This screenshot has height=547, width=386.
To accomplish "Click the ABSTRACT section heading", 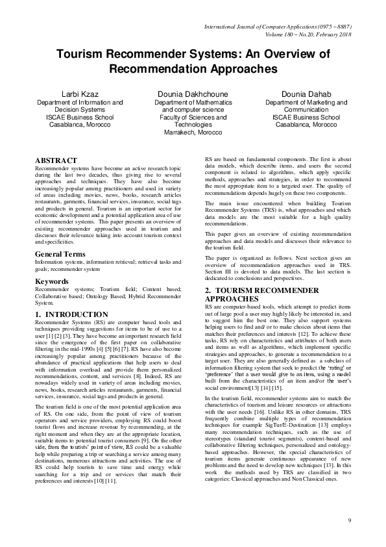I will pyautogui.click(x=56, y=160).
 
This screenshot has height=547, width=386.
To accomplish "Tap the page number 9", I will pyautogui.click(x=349, y=520).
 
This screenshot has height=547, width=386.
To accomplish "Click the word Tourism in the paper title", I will pyautogui.click(x=82, y=55).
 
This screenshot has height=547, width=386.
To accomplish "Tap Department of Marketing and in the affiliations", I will pyautogui.click(x=306, y=102).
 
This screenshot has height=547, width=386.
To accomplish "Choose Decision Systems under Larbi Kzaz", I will pyautogui.click(x=80, y=110).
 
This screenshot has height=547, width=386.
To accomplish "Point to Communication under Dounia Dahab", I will pyautogui.click(x=306, y=110).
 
